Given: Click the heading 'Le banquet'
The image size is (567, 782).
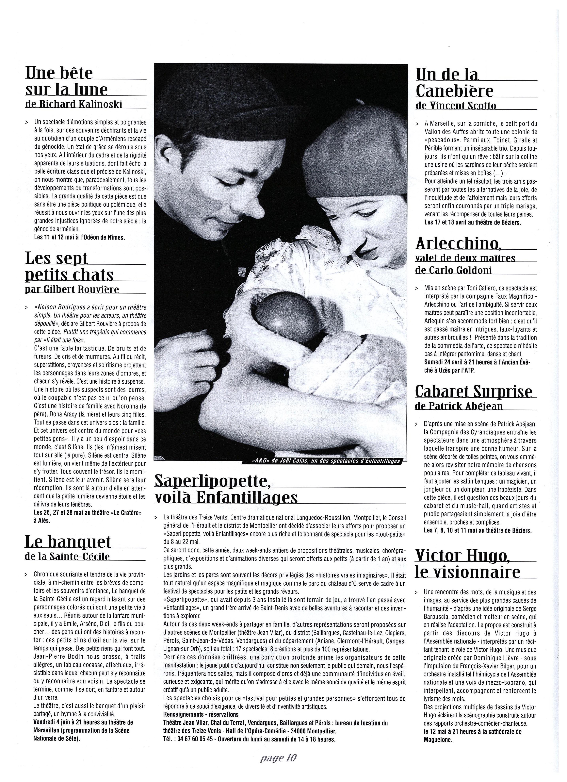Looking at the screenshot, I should coord(68,542).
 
